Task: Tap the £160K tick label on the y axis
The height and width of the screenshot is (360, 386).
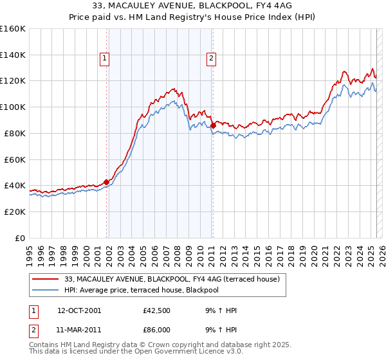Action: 13,29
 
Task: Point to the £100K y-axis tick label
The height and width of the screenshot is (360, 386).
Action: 13,107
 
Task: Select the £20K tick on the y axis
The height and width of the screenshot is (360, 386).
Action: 15,212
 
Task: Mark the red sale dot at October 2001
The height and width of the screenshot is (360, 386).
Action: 106,182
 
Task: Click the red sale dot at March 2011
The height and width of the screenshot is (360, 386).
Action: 213,125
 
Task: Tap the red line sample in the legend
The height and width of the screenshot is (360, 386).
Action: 46,280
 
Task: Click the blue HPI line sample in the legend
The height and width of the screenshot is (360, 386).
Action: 46,290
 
